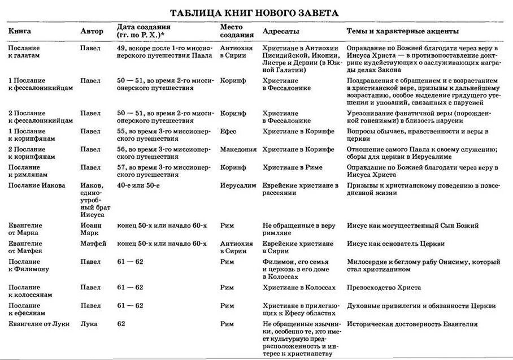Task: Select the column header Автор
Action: [x=92, y=31]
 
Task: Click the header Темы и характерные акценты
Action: [x=402, y=31]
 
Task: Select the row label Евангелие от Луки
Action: [x=37, y=324]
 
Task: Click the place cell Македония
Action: [x=238, y=149]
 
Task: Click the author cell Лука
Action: [x=89, y=324]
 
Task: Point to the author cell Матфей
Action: [x=92, y=244]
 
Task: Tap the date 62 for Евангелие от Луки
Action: [x=121, y=324]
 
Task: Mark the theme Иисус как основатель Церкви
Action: [x=395, y=244]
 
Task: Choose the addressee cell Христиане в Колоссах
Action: [x=299, y=287]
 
